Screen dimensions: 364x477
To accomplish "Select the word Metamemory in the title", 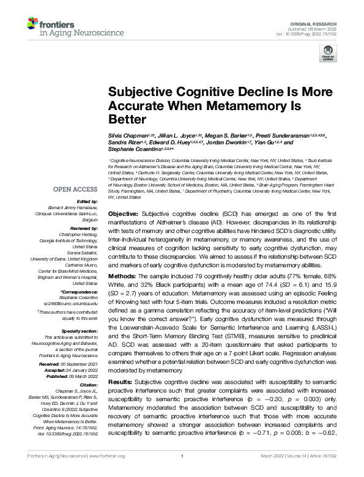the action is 261,105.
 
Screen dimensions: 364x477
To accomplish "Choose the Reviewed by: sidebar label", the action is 86,227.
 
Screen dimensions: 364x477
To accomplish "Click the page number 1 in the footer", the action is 182,473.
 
